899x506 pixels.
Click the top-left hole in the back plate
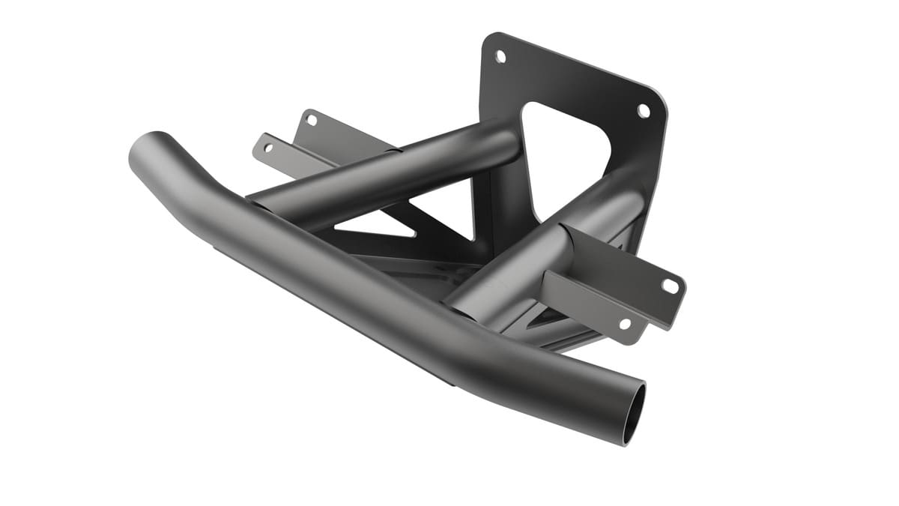(x=500, y=56)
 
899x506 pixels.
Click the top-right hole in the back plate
(x=643, y=110)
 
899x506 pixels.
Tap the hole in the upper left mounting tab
(x=312, y=120)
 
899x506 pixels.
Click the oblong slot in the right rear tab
(x=670, y=286)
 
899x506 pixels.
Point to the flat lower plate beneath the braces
(x=420, y=266)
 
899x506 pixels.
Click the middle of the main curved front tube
(x=360, y=300)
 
